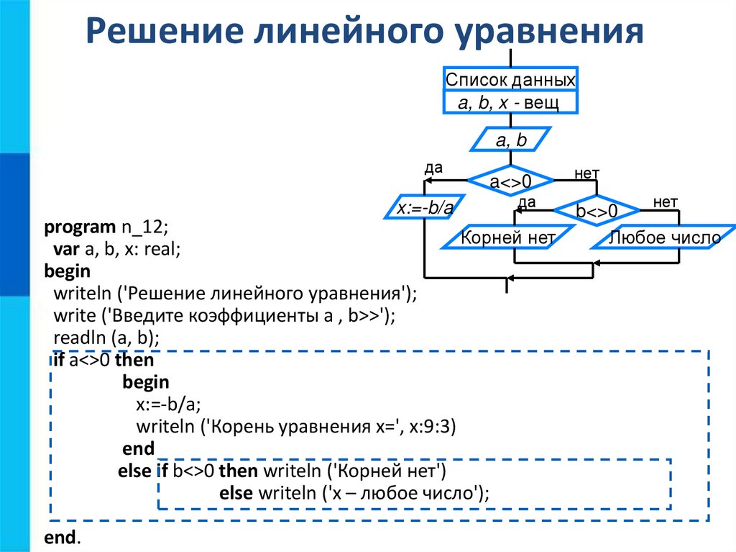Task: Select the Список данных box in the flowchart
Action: [x=510, y=79]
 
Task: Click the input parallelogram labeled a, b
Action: [x=510, y=140]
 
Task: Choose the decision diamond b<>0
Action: [x=597, y=211]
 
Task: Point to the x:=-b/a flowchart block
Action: [x=425, y=209]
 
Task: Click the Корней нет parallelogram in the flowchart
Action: [x=509, y=237]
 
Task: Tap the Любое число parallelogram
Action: [x=665, y=237]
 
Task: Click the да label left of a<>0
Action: [x=433, y=168]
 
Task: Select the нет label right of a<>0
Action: [x=586, y=173]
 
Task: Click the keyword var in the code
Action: [x=65, y=249]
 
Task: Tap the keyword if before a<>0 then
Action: [x=58, y=360]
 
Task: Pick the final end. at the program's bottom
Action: [x=63, y=538]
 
